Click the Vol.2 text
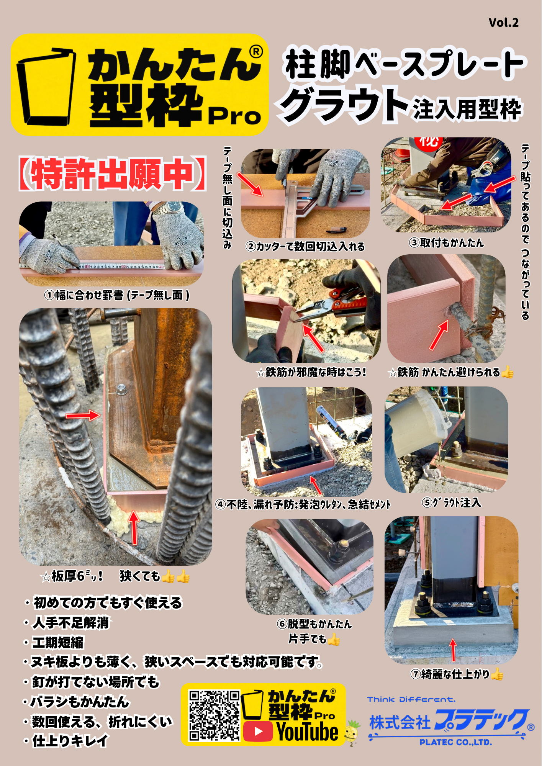503,23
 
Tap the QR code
214,715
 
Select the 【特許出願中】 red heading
113,174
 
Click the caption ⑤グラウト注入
452,502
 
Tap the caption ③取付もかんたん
447,242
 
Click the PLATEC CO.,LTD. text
455,742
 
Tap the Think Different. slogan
411,699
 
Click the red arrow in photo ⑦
453,650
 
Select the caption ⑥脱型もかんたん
314,624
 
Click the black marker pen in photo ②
336,230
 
